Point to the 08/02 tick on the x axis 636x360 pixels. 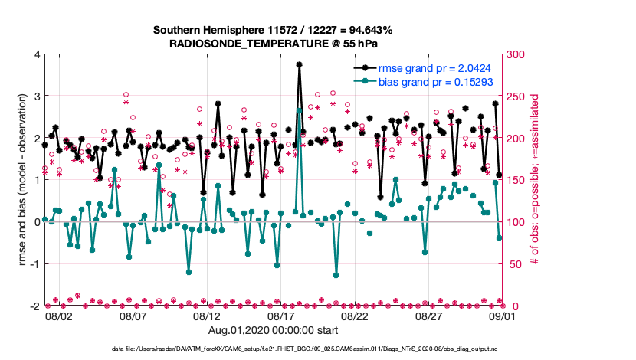pos(59,316)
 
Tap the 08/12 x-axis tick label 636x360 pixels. pos(207,316)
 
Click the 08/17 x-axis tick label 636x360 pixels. pos(281,316)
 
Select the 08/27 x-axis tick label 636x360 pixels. pos(429,316)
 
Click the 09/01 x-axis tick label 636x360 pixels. pos(503,316)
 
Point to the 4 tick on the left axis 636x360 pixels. pos(35,55)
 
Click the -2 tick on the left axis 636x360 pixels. pos(33,306)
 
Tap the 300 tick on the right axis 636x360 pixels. pos(516,55)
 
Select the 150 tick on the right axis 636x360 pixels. pos(516,181)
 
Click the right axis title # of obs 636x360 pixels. pos(536,181)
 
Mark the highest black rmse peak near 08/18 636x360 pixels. pos(300,65)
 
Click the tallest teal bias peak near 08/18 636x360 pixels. pos(300,111)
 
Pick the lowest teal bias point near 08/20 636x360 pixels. pos(336,274)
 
